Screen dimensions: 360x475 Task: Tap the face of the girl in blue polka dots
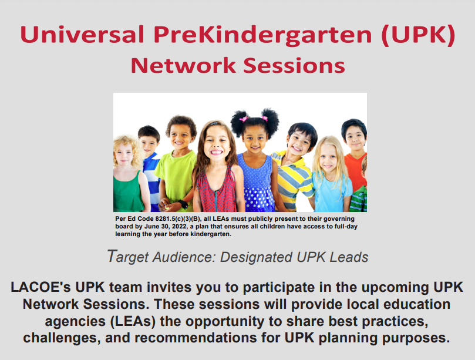[x=254, y=138]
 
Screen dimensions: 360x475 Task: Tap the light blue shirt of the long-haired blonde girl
[x=331, y=191]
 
